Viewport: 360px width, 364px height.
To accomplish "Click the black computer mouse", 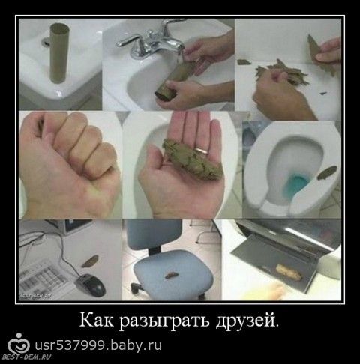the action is [x=90, y=285].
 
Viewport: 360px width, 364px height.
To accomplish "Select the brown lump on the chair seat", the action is [x=171, y=275].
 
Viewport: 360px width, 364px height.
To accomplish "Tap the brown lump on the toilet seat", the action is [x=326, y=172].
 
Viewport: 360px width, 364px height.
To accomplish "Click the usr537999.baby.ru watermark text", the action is [x=98, y=345].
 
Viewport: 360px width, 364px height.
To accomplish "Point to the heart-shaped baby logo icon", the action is [x=19, y=344].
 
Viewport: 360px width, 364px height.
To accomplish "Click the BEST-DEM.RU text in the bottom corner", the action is [x=26, y=357].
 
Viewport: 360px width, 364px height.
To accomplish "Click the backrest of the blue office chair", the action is [x=154, y=234].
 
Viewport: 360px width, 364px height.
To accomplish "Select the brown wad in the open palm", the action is [x=192, y=160].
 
